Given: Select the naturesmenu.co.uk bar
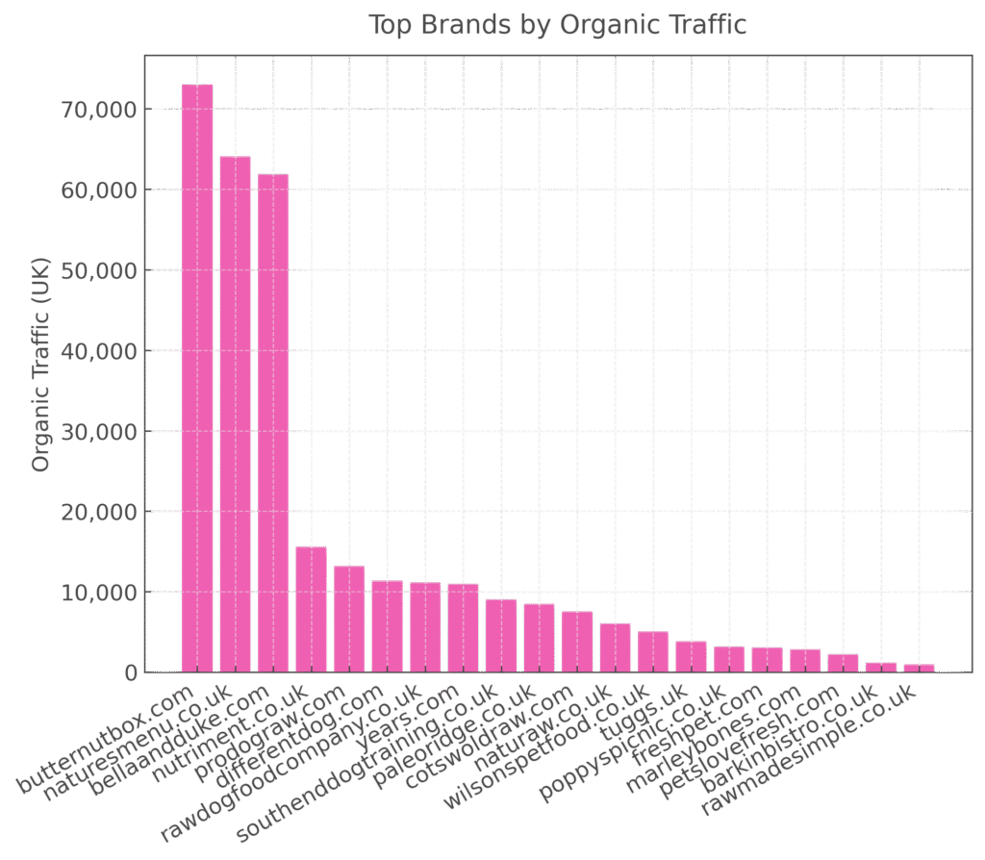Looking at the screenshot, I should (236, 414).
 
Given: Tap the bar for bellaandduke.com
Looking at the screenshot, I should (273, 423).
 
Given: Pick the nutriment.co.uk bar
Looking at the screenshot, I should (312, 609).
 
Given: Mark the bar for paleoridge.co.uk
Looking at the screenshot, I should (539, 637).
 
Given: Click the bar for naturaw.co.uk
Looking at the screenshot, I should (615, 647).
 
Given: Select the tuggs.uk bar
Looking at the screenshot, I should (691, 656).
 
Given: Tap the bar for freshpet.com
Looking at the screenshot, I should (767, 659).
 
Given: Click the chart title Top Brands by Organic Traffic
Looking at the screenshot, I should (558, 25).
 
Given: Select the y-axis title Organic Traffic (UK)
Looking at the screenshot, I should (40, 365).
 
